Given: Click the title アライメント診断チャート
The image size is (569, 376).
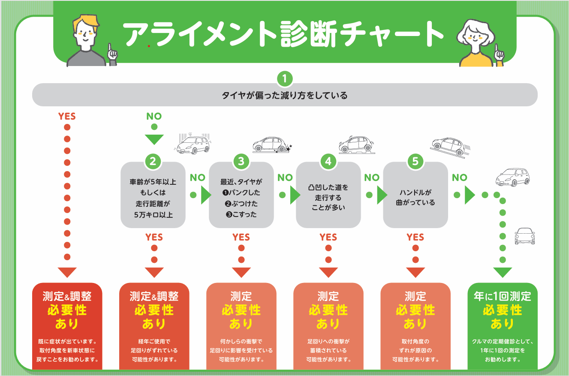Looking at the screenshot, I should [x=283, y=34].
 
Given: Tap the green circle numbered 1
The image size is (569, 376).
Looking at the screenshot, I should [x=285, y=78].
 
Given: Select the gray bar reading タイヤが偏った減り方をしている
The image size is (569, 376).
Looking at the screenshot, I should [x=285, y=95].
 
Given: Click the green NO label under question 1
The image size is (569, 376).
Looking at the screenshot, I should [x=154, y=116].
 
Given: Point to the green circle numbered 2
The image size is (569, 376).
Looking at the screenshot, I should [x=153, y=161].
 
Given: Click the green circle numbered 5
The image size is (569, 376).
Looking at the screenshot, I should [x=415, y=161].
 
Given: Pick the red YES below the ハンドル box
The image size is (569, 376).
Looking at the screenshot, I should [x=415, y=237].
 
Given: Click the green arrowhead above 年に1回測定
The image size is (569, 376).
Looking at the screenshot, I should [x=503, y=272].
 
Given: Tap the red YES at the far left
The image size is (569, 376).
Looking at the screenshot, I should [x=66, y=116].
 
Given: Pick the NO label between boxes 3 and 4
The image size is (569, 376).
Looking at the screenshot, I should [x=285, y=177].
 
